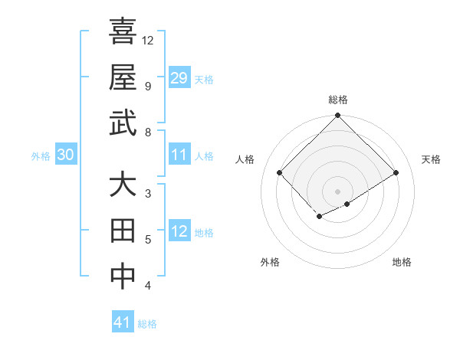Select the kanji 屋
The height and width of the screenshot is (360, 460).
pyautogui.click(x=123, y=77)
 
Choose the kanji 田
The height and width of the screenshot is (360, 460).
pyautogui.click(x=123, y=231)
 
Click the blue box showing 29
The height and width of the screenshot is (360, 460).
pyautogui.click(x=179, y=78)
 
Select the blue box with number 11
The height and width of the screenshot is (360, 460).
pyautogui.click(x=179, y=155)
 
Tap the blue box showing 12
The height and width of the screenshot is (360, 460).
pyautogui.click(x=179, y=232)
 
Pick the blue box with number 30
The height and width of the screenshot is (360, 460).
pyautogui.click(x=66, y=155)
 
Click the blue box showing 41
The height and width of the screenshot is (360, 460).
pyautogui.click(x=123, y=322)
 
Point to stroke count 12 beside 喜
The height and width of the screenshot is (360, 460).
pyautogui.click(x=148, y=40)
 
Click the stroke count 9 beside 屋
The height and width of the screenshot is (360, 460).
pyautogui.click(x=148, y=86)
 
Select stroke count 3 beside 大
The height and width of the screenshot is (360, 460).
pyautogui.click(x=148, y=194)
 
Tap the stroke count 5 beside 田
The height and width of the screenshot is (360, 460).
pyautogui.click(x=148, y=240)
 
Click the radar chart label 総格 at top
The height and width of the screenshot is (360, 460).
pyautogui.click(x=337, y=100)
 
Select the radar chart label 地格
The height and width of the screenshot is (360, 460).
pyautogui.click(x=402, y=262)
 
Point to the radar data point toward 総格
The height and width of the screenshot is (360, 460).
pyautogui.click(x=337, y=116)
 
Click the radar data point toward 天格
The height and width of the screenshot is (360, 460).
pyautogui.click(x=396, y=173)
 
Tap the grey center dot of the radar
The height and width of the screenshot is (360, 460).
pyautogui.click(x=337, y=191)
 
